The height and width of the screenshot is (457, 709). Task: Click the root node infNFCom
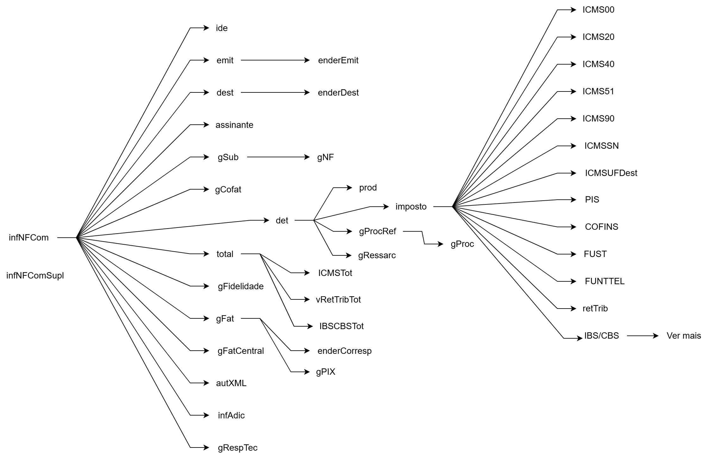click(x=29, y=238)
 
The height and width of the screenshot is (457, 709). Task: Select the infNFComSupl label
click(x=35, y=276)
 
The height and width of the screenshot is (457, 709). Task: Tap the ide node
click(x=222, y=28)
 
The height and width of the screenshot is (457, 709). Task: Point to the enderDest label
click(x=338, y=93)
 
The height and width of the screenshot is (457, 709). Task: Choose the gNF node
click(x=325, y=157)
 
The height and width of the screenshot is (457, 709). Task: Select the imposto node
click(x=411, y=207)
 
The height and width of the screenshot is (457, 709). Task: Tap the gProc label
click(x=462, y=244)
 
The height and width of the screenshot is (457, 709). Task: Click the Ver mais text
click(x=684, y=336)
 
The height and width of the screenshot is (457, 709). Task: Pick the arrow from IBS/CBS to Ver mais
click(x=643, y=336)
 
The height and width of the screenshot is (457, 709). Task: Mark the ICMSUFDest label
click(x=611, y=173)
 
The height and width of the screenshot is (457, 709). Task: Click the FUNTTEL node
click(x=605, y=281)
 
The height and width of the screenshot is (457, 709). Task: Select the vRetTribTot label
click(x=338, y=300)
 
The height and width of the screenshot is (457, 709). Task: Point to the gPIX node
click(x=325, y=372)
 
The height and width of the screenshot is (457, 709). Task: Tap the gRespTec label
click(x=237, y=448)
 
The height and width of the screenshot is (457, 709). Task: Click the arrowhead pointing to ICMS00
click(x=573, y=10)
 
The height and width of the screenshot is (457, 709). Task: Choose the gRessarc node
click(x=377, y=255)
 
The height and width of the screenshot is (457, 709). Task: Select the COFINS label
click(x=601, y=227)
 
